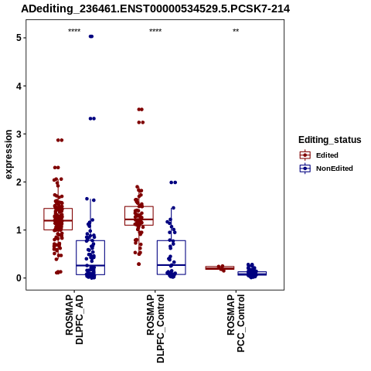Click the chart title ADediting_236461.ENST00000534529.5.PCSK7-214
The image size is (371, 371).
(155, 9)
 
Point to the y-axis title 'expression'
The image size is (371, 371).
(9, 155)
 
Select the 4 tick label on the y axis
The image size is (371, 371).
(19, 86)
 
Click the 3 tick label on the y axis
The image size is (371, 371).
(19, 134)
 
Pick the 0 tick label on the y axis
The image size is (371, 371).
(19, 278)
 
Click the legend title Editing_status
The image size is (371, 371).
(330, 140)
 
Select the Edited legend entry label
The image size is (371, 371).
(327, 155)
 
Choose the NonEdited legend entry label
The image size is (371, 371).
(335, 168)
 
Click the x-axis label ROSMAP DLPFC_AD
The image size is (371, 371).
(74, 319)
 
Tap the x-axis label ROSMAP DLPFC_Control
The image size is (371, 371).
(155, 328)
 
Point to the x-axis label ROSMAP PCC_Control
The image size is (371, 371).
(236, 323)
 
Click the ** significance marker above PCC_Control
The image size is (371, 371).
(236, 31)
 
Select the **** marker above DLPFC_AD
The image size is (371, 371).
(74, 31)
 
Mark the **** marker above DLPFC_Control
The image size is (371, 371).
(155, 31)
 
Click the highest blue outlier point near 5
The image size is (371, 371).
(91, 36)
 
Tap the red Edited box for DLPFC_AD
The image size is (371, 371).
(58, 219)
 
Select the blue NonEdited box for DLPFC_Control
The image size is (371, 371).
(172, 257)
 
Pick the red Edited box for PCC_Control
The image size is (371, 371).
(220, 268)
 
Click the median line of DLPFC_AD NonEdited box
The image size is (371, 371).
(90, 265)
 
